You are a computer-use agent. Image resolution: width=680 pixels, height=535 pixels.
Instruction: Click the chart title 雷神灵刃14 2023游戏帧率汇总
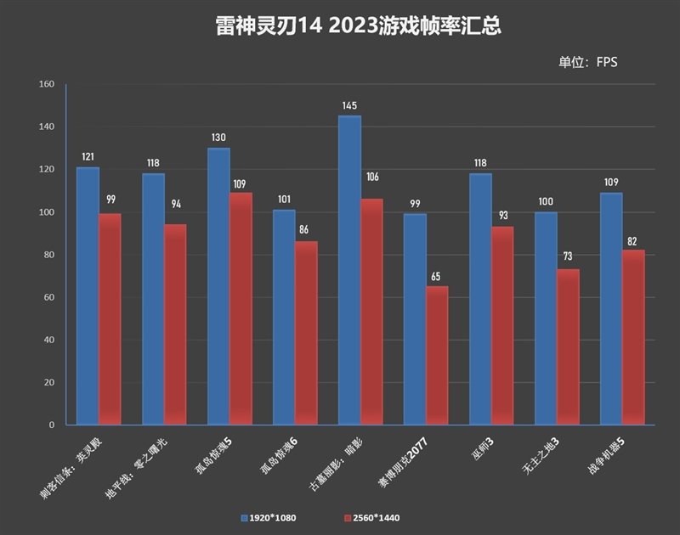357,26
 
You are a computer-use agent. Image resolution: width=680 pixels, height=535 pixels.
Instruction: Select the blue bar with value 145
349,270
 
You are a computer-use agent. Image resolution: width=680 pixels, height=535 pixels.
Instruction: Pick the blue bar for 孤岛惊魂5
218,286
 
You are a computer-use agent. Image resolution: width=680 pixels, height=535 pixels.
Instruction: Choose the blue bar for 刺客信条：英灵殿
88,296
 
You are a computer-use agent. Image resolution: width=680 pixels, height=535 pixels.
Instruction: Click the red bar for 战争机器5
634,337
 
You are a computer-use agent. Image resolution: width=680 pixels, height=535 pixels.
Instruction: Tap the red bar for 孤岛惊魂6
306,333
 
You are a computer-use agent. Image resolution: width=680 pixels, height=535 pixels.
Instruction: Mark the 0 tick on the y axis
52,425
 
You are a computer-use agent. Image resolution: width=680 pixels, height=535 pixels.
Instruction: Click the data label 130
218,138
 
